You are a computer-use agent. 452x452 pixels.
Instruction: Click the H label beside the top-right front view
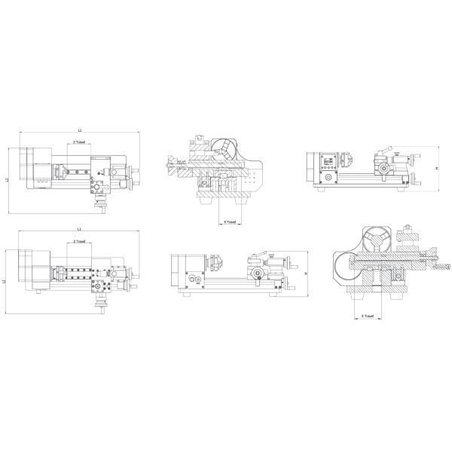438,169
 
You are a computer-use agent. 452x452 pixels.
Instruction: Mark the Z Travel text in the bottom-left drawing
80,242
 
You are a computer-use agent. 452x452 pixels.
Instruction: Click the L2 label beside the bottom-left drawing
4,281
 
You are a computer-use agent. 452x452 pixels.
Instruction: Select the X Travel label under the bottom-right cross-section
368,316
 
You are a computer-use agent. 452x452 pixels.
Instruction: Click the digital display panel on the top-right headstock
328,161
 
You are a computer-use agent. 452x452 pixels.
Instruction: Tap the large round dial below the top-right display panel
328,179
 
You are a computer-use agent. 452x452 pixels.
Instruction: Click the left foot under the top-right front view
322,188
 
